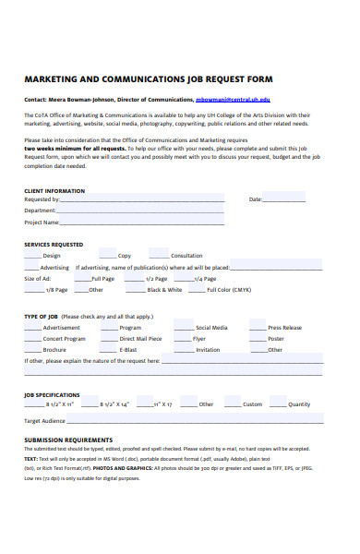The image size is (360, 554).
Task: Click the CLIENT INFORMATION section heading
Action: tap(54, 191)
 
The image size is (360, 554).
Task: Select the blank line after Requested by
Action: tap(142, 200)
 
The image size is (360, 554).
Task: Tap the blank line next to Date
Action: tap(284, 200)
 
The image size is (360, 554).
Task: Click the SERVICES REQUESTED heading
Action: tap(53, 245)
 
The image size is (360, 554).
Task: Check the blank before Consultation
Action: tap(159, 257)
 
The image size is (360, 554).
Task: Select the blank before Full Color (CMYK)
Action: tap(195, 290)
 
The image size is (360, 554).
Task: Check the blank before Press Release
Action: tap(254, 329)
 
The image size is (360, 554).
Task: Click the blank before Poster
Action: tap(254, 340)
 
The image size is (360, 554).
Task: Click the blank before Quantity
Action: tap(276, 405)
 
